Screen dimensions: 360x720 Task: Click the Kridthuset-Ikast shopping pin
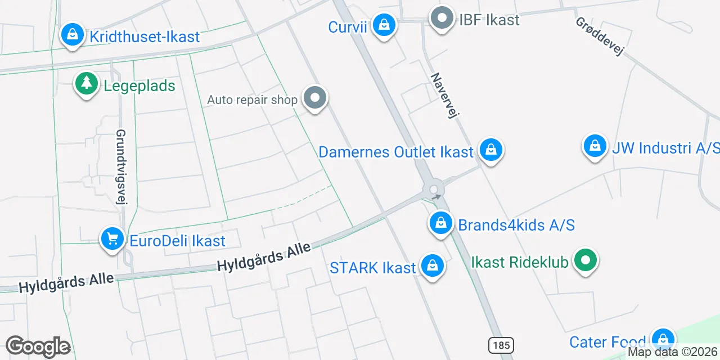point(73,35)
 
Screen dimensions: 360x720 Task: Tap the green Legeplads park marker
point(86,84)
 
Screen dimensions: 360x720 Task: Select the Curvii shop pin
point(384,26)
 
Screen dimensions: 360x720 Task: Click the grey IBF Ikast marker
point(442,19)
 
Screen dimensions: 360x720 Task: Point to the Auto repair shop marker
point(315,98)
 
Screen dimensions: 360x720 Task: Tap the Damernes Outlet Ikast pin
point(491,151)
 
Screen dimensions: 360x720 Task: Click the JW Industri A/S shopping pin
point(595,147)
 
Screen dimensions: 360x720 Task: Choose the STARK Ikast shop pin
point(433,267)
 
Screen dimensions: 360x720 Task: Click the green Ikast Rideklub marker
point(586,260)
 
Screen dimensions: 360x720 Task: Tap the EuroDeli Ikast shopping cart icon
point(112,240)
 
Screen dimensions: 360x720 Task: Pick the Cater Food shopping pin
point(663,340)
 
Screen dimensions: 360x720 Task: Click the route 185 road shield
point(500,344)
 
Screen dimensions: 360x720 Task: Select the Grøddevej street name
point(600,37)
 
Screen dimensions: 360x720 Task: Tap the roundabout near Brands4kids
point(435,189)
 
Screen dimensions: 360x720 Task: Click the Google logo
point(38,346)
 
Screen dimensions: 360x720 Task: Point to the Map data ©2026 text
point(673,352)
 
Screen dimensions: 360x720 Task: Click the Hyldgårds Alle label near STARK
point(264,257)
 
